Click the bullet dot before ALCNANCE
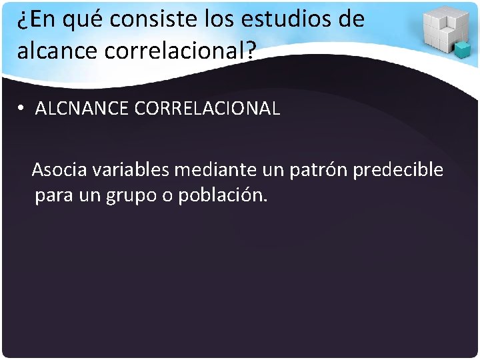[x=22, y=109]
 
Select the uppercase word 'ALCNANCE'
[x=81, y=109]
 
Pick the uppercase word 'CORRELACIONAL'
[x=207, y=109]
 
